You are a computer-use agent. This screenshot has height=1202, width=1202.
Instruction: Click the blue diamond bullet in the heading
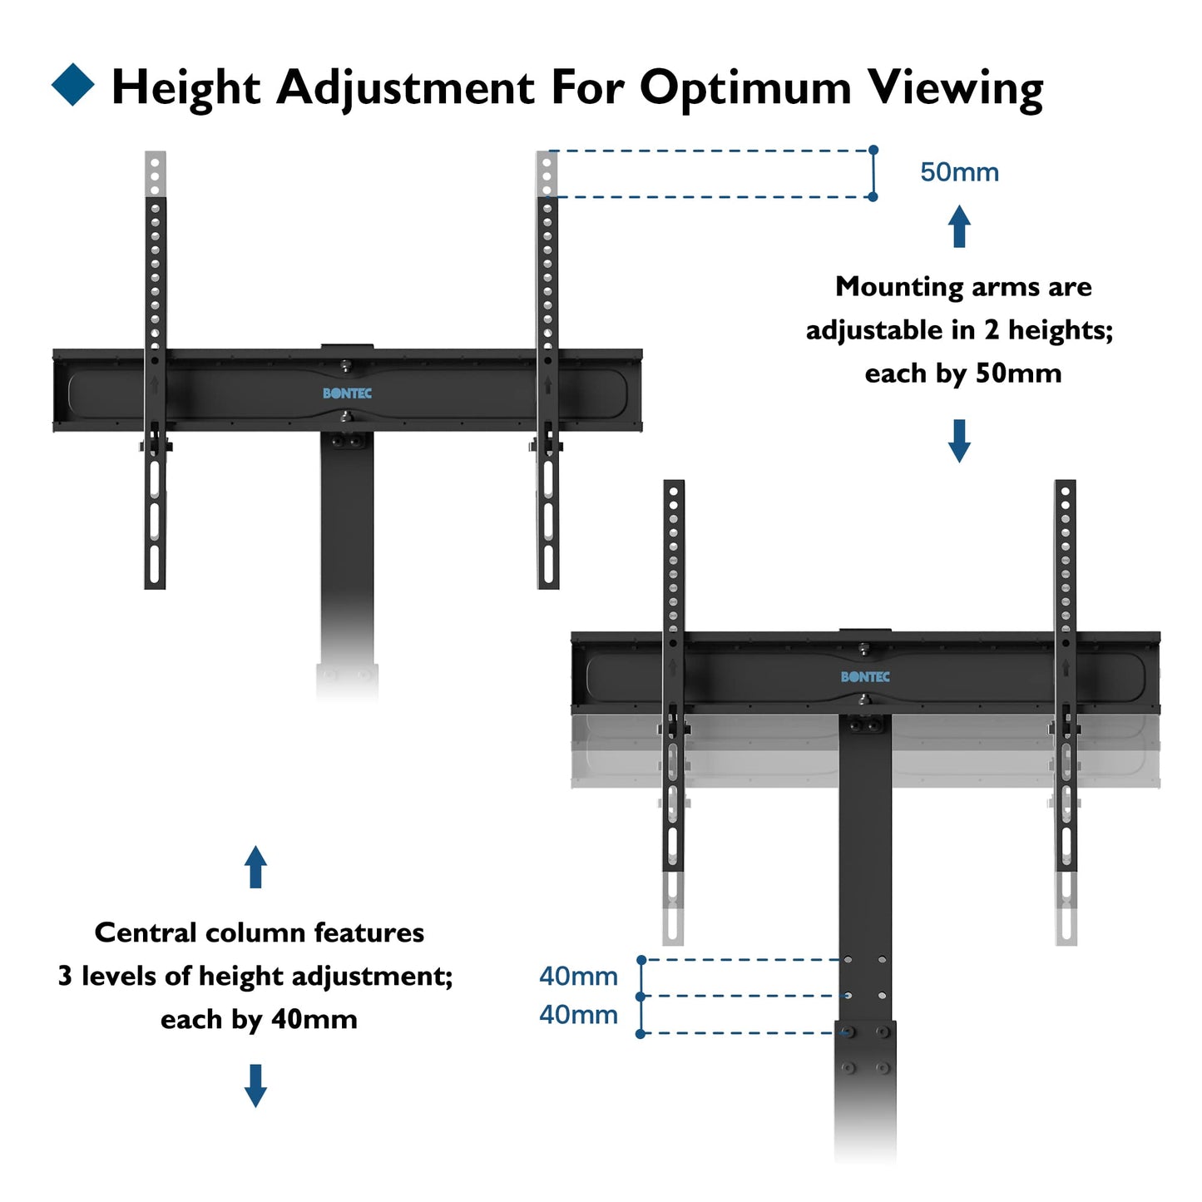(x=73, y=85)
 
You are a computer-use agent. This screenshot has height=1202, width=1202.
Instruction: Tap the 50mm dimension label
(x=959, y=172)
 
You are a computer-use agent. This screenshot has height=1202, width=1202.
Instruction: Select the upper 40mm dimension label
(x=578, y=976)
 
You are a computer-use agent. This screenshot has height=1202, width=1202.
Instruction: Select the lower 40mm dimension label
(x=578, y=1015)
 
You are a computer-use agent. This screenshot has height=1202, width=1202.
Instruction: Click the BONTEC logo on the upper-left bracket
(x=347, y=393)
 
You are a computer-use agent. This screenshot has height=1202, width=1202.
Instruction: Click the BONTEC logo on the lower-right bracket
(x=865, y=677)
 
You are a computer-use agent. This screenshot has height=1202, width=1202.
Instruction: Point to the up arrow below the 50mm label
(x=959, y=226)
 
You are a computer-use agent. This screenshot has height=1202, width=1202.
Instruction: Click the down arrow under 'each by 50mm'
(x=959, y=441)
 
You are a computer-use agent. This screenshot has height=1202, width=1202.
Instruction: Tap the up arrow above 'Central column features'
(x=255, y=867)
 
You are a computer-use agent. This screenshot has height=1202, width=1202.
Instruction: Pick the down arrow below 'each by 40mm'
(x=255, y=1086)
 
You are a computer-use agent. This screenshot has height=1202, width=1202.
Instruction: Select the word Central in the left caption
(x=146, y=932)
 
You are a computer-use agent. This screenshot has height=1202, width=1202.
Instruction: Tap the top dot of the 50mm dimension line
(x=873, y=150)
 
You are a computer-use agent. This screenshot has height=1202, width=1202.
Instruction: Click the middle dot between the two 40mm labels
(x=641, y=996)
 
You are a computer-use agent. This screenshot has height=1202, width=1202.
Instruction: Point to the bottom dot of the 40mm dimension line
(x=641, y=1034)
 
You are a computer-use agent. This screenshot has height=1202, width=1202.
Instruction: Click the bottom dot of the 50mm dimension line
(x=873, y=197)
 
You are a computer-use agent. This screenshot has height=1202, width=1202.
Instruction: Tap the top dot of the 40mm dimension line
(x=641, y=960)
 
